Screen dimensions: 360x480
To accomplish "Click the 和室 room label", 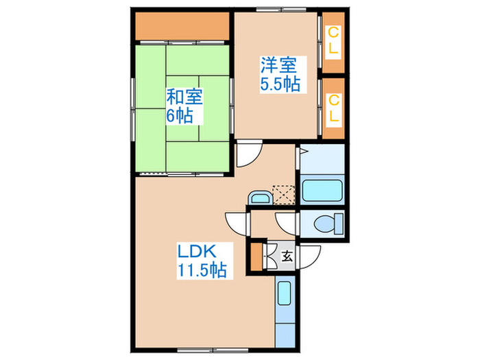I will pyautogui.click(x=183, y=97).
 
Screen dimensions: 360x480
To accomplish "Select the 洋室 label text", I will pyautogui.click(x=277, y=67).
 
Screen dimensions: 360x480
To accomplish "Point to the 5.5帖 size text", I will pyautogui.click(x=277, y=85).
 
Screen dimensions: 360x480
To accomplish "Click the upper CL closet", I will pyautogui.click(x=333, y=43).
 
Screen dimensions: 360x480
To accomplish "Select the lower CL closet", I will pyautogui.click(x=333, y=108).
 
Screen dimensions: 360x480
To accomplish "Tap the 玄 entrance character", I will pyautogui.click(x=288, y=257).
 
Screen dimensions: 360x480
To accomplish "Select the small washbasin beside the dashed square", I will pyautogui.click(x=259, y=197).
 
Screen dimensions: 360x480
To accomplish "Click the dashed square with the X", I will pyautogui.click(x=283, y=195).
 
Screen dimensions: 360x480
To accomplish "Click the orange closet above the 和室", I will pyautogui.click(x=182, y=27).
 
